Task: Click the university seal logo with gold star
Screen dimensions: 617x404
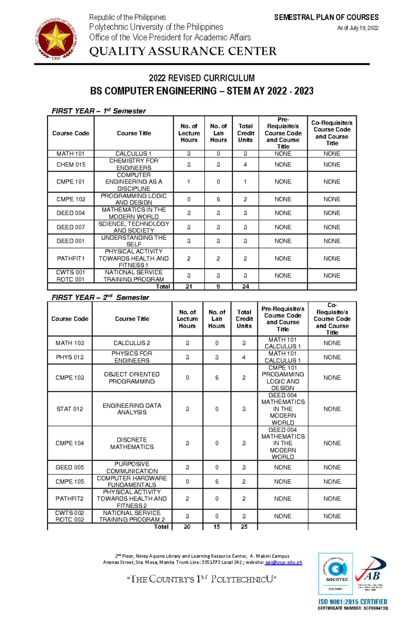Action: [x=56, y=39]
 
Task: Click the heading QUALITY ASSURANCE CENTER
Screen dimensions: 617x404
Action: [x=183, y=51]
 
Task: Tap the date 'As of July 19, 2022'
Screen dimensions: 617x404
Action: [x=358, y=28]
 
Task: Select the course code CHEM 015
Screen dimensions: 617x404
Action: [x=71, y=164]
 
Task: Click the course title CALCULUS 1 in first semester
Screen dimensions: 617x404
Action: [x=134, y=154]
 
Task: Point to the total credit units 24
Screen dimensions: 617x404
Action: [x=245, y=286]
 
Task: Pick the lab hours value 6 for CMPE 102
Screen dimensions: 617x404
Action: [x=218, y=199]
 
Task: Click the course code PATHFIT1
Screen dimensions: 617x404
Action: [x=71, y=258]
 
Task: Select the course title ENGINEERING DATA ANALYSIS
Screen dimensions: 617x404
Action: [x=132, y=409]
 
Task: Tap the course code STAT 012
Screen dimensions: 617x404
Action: [x=70, y=409]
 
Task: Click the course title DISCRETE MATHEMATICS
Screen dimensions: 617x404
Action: [x=132, y=443]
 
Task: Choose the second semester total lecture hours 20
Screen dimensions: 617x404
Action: [x=187, y=527]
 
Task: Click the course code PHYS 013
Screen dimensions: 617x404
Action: [x=70, y=357]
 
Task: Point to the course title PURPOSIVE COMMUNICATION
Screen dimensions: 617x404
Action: [x=132, y=467]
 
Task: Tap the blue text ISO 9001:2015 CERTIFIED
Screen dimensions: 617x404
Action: [x=353, y=602]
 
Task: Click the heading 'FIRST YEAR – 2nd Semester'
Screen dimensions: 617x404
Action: [x=100, y=297]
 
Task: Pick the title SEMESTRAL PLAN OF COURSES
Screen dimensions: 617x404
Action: [x=326, y=17]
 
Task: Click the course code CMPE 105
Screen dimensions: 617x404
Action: [x=70, y=481]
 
